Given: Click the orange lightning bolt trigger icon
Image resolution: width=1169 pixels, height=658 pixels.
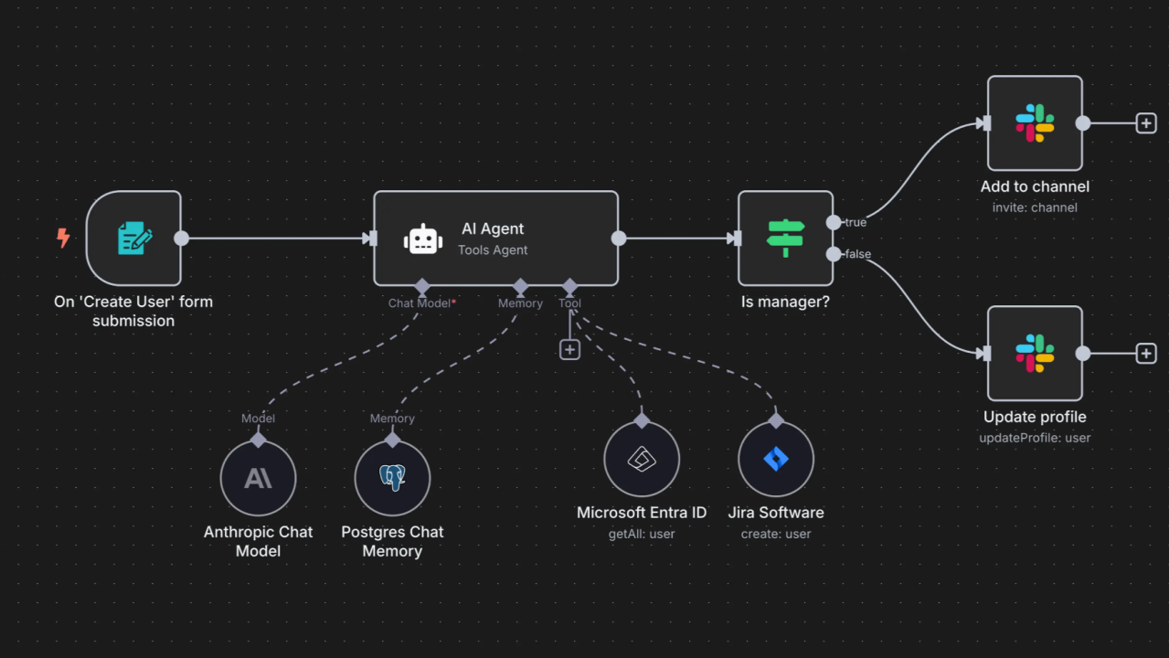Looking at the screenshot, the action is tap(63, 238).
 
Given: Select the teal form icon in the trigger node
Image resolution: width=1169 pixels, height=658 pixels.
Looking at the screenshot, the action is tap(134, 238).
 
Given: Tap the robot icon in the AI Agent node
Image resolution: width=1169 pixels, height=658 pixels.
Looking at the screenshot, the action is tap(422, 239).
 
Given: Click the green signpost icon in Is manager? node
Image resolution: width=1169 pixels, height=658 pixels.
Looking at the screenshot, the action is tap(785, 239).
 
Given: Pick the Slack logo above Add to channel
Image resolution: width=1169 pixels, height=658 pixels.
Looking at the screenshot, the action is tap(1035, 123).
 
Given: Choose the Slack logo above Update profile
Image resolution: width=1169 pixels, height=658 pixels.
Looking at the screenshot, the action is tap(1035, 354).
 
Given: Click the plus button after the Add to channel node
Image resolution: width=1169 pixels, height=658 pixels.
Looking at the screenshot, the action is tap(1146, 123).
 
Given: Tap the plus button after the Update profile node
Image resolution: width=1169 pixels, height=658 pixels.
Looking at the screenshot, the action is tap(1146, 354).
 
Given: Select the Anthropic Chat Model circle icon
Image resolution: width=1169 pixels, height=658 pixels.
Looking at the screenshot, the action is tap(259, 478).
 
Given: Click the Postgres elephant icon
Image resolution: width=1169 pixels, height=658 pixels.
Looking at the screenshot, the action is tap(392, 477).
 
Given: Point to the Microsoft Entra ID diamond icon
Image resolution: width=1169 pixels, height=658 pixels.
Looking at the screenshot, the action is tap(642, 460).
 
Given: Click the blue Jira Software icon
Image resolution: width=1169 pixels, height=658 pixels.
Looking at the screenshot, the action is tap(776, 459).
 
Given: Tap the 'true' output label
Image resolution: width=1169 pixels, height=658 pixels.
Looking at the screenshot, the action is tap(855, 222).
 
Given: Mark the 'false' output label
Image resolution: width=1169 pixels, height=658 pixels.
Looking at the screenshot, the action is tap(858, 254).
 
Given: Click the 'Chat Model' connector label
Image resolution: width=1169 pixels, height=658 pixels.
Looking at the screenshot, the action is tap(420, 303).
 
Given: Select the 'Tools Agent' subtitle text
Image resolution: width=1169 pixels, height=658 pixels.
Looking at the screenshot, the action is tap(493, 249).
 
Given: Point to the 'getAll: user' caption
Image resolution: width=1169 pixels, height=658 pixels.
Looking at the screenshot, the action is tap(642, 534).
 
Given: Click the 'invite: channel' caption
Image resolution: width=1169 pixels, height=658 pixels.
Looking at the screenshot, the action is tap(1035, 207).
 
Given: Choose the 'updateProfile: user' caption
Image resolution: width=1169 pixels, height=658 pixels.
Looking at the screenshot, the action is tap(1035, 438).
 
